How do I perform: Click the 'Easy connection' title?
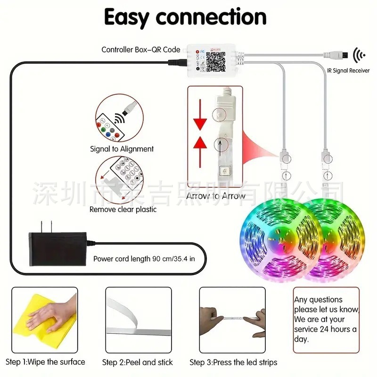tap(185, 18)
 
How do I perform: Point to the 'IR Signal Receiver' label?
tap(348, 70)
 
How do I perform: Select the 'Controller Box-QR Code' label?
tap(141, 49)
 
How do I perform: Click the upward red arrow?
tap(201, 142)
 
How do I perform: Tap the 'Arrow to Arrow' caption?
tap(216, 196)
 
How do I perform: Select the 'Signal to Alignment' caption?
tap(122, 149)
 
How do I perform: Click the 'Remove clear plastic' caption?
tap(123, 209)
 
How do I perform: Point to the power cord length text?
tap(144, 258)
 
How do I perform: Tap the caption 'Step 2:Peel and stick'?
tap(138, 362)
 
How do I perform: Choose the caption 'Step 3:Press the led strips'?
tap(233, 362)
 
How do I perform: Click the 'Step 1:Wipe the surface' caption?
tap(46, 362)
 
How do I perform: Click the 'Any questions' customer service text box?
tap(326, 320)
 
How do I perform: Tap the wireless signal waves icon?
tap(359, 56)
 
